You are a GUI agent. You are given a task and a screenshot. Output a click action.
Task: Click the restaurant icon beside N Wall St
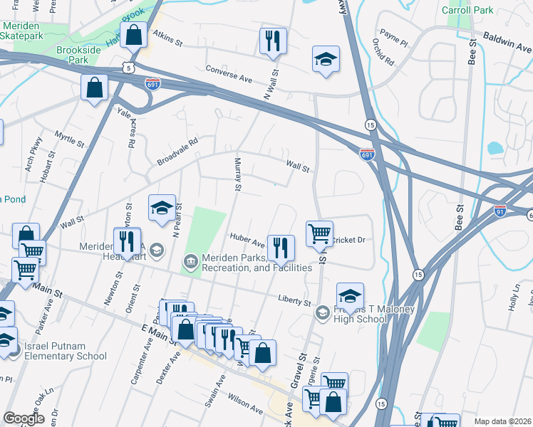coord(272,41)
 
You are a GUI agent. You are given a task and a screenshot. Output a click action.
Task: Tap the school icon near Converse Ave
coord(326,60)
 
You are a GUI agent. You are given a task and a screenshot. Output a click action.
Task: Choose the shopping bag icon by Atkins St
coord(133,33)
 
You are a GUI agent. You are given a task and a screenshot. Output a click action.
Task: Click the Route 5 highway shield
coord(128,67)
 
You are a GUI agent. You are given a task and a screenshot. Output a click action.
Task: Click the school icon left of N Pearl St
coord(162,208)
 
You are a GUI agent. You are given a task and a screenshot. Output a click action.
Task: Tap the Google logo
coord(24,418)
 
